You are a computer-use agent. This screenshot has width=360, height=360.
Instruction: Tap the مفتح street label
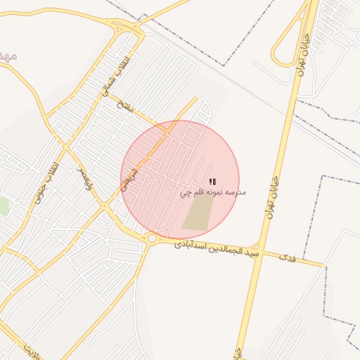127,106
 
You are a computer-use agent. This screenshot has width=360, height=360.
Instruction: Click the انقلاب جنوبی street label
46,184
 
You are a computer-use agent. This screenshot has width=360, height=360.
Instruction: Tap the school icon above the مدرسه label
212,181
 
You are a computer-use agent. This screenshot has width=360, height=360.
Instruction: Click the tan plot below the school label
199,212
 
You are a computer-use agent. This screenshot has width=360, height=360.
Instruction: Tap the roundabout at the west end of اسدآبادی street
152,239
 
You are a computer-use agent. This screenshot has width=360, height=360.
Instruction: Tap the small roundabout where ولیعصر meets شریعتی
104,206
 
